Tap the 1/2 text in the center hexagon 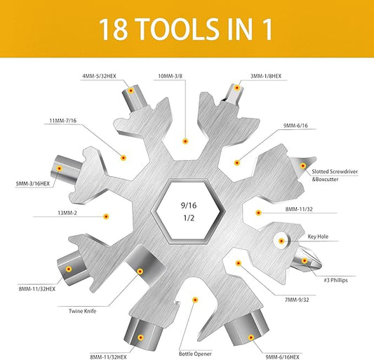pos(186,222)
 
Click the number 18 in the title pos(114,29)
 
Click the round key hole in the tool pos(282,241)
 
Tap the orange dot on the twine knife pos(140,270)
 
